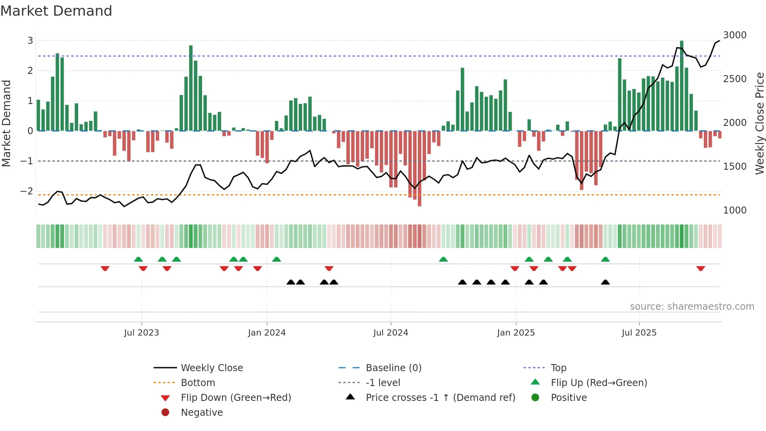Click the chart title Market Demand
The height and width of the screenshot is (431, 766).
tap(56, 11)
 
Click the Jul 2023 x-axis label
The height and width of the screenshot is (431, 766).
tap(141, 333)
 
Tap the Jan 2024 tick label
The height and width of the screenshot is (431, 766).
tap(267, 333)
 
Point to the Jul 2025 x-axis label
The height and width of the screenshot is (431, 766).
tap(639, 333)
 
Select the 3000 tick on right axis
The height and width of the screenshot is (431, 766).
tap(735, 35)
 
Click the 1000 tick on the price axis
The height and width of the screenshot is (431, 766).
tap(735, 210)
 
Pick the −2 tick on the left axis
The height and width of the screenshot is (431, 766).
tap(27, 191)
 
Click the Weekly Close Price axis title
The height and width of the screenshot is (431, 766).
tap(759, 123)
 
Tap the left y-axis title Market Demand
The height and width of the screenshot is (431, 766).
tap(6, 123)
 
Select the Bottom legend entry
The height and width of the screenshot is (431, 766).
tap(198, 383)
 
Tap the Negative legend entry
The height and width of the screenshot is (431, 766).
tap(202, 413)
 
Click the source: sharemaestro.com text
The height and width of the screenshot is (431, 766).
tap(692, 307)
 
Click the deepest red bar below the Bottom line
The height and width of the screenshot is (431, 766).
tap(419, 168)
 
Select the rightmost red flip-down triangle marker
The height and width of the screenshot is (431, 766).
tap(700, 268)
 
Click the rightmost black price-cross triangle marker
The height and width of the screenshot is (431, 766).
tap(605, 282)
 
